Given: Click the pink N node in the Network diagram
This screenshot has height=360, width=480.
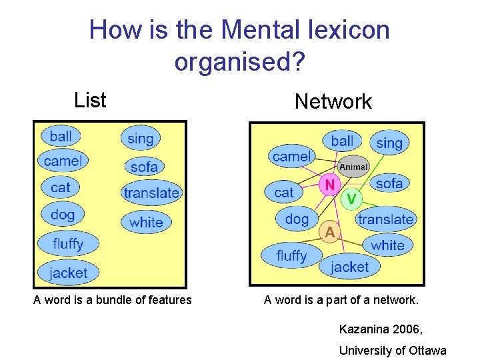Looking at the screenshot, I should click(329, 184).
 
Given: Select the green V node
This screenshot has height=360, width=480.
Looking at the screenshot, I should click(351, 198).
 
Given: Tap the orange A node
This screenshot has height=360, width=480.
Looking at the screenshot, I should click(330, 232).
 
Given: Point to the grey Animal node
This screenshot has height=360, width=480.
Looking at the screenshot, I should click(353, 167).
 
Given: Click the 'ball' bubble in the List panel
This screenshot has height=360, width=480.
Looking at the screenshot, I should click(61, 136).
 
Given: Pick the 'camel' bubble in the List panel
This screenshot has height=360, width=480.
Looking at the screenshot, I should click(63, 161).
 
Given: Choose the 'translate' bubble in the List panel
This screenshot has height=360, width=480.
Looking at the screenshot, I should click(152, 193).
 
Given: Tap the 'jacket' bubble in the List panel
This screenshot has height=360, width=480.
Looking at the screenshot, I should click(68, 272).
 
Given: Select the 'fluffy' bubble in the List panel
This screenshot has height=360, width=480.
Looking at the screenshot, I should click(68, 244).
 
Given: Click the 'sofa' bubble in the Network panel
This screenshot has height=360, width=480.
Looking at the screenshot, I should click(389, 183).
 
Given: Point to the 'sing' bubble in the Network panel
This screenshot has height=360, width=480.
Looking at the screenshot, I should click(389, 143).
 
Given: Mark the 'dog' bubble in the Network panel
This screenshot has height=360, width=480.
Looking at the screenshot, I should click(297, 219).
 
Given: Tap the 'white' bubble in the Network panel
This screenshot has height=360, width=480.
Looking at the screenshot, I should click(388, 245).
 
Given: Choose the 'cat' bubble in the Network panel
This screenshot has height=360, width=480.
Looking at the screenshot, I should click(284, 193).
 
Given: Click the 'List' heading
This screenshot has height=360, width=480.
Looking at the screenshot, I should click(90, 101).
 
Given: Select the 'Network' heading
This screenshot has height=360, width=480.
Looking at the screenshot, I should click(333, 102).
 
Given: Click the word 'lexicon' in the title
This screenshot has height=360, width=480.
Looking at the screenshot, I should click(345, 30).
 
